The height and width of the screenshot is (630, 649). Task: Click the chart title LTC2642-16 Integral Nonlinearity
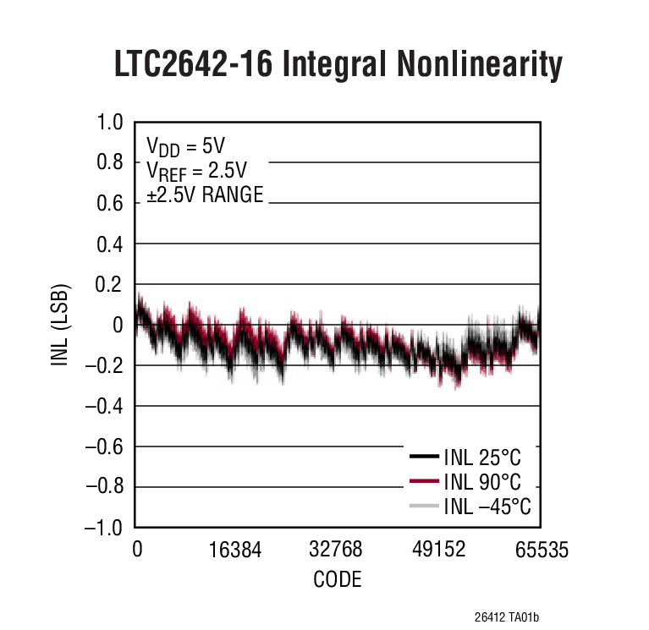pyautogui.click(x=338, y=65)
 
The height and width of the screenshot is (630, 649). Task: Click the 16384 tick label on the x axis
pyautogui.click(x=236, y=551)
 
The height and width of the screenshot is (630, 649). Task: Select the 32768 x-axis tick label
pyautogui.click(x=336, y=551)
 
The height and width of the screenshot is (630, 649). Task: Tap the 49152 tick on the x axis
pyautogui.click(x=438, y=551)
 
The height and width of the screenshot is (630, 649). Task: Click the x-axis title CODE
pyautogui.click(x=338, y=580)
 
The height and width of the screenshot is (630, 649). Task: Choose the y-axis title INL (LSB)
pyautogui.click(x=60, y=324)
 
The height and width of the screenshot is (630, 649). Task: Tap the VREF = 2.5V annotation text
pyautogui.click(x=196, y=170)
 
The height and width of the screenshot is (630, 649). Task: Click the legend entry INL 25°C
pyautogui.click(x=481, y=458)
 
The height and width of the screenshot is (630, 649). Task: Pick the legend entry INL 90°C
pyautogui.click(x=481, y=482)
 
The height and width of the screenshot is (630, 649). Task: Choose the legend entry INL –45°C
pyautogui.click(x=487, y=507)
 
